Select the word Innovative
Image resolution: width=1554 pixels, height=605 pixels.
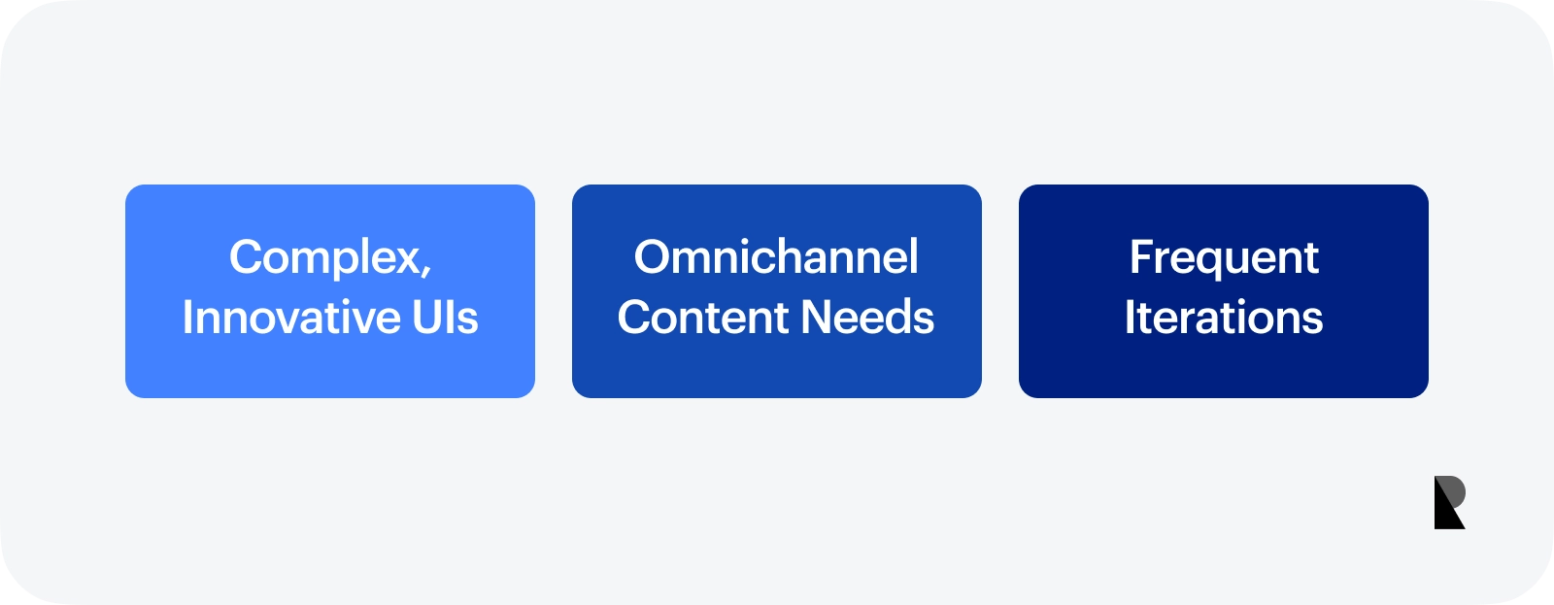pos(292,318)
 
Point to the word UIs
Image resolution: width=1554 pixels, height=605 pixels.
pos(445,318)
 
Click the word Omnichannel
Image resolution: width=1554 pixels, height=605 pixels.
pos(776,256)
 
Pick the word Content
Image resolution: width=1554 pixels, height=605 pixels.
pos(703,318)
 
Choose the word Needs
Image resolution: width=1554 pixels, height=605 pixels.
pos(867,318)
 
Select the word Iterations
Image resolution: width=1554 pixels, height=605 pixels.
pos(1224,318)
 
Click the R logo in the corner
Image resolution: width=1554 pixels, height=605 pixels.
pos(1449,502)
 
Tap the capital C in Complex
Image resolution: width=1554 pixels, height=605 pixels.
pos(248,256)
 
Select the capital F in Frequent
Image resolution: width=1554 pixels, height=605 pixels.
pos(1141,256)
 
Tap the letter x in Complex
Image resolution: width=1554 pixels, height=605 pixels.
pos(404,261)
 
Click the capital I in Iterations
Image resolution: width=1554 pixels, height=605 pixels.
pos(1129,318)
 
